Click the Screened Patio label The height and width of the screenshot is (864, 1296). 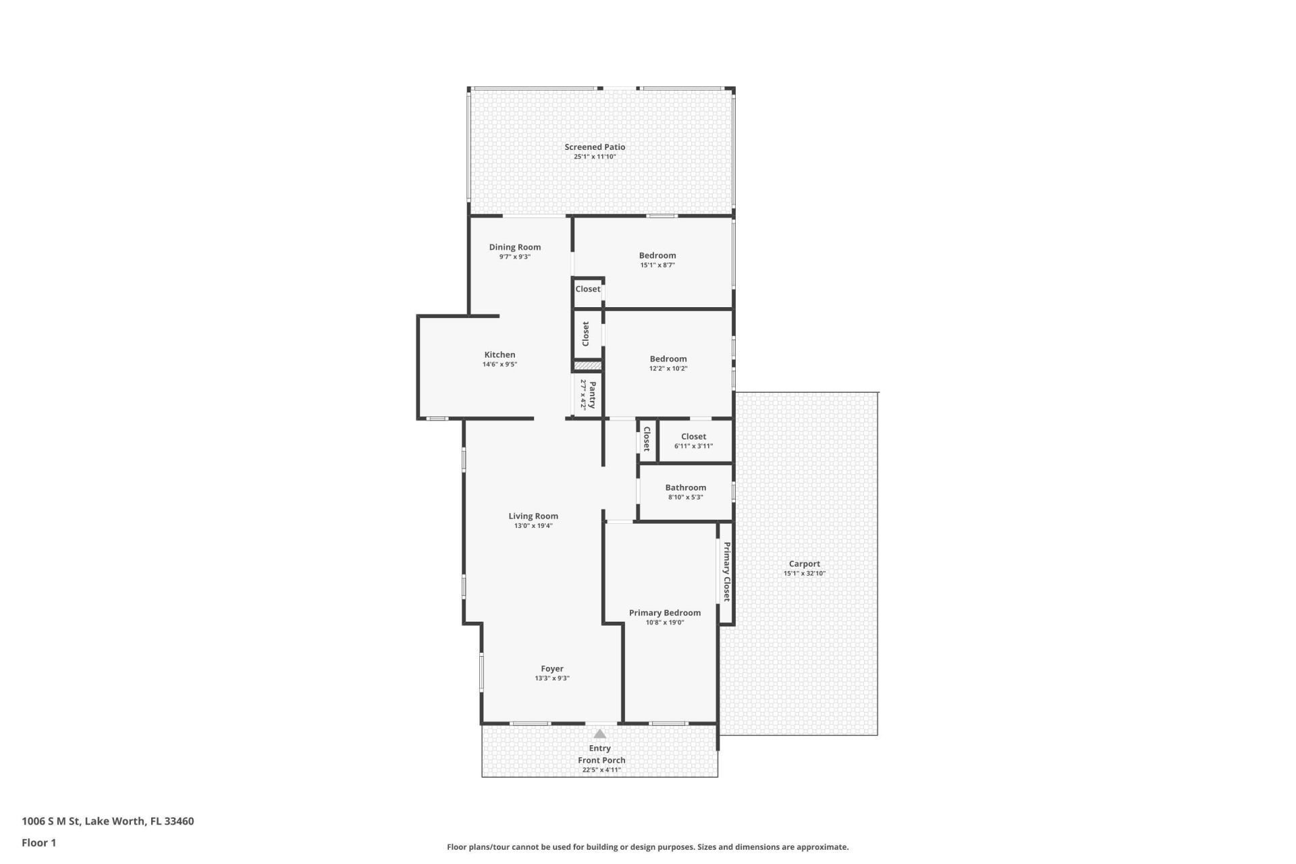pos(595,146)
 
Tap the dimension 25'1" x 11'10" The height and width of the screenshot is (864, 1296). pos(595,157)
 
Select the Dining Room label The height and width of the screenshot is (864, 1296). pos(514,247)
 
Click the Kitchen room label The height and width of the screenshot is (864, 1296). pos(500,354)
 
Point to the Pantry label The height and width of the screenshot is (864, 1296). pos(592,395)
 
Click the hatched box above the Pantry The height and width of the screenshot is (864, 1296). pos(587,366)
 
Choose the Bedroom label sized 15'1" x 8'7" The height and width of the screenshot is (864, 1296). pos(657,255)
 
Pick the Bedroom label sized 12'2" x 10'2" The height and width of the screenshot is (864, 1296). pos(668,359)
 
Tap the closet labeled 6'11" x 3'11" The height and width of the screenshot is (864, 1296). pos(693,437)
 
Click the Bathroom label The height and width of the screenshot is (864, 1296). pos(685,487)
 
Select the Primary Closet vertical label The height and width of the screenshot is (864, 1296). pos(726,571)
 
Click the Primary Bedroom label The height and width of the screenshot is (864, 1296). pos(664,613)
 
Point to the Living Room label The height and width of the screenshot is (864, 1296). pos(533,516)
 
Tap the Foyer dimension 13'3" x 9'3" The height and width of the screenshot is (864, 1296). pos(551,678)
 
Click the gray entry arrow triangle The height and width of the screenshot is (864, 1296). pos(599,734)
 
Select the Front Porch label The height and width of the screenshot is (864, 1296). pos(601,760)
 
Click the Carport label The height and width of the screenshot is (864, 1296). pos(804,564)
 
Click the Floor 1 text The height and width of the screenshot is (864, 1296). pos(38,842)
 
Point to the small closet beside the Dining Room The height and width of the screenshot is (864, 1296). pos(587,289)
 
